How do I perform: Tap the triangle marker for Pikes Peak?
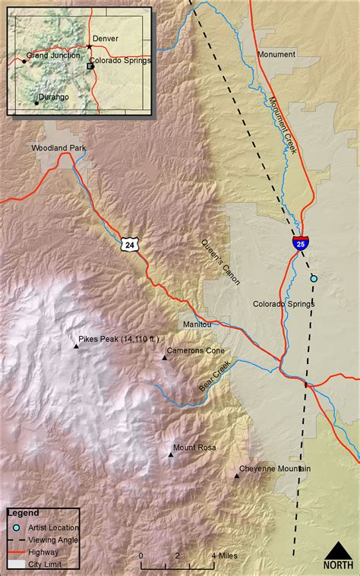(76, 347)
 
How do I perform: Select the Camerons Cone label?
(196, 350)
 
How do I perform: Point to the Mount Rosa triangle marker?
(171, 454)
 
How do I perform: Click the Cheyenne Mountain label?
(275, 469)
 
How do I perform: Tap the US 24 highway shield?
(128, 244)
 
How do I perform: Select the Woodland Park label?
(56, 147)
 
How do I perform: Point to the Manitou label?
(195, 324)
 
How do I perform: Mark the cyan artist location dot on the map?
(314, 279)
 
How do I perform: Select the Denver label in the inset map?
(105, 38)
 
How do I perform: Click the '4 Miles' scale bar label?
(224, 555)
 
